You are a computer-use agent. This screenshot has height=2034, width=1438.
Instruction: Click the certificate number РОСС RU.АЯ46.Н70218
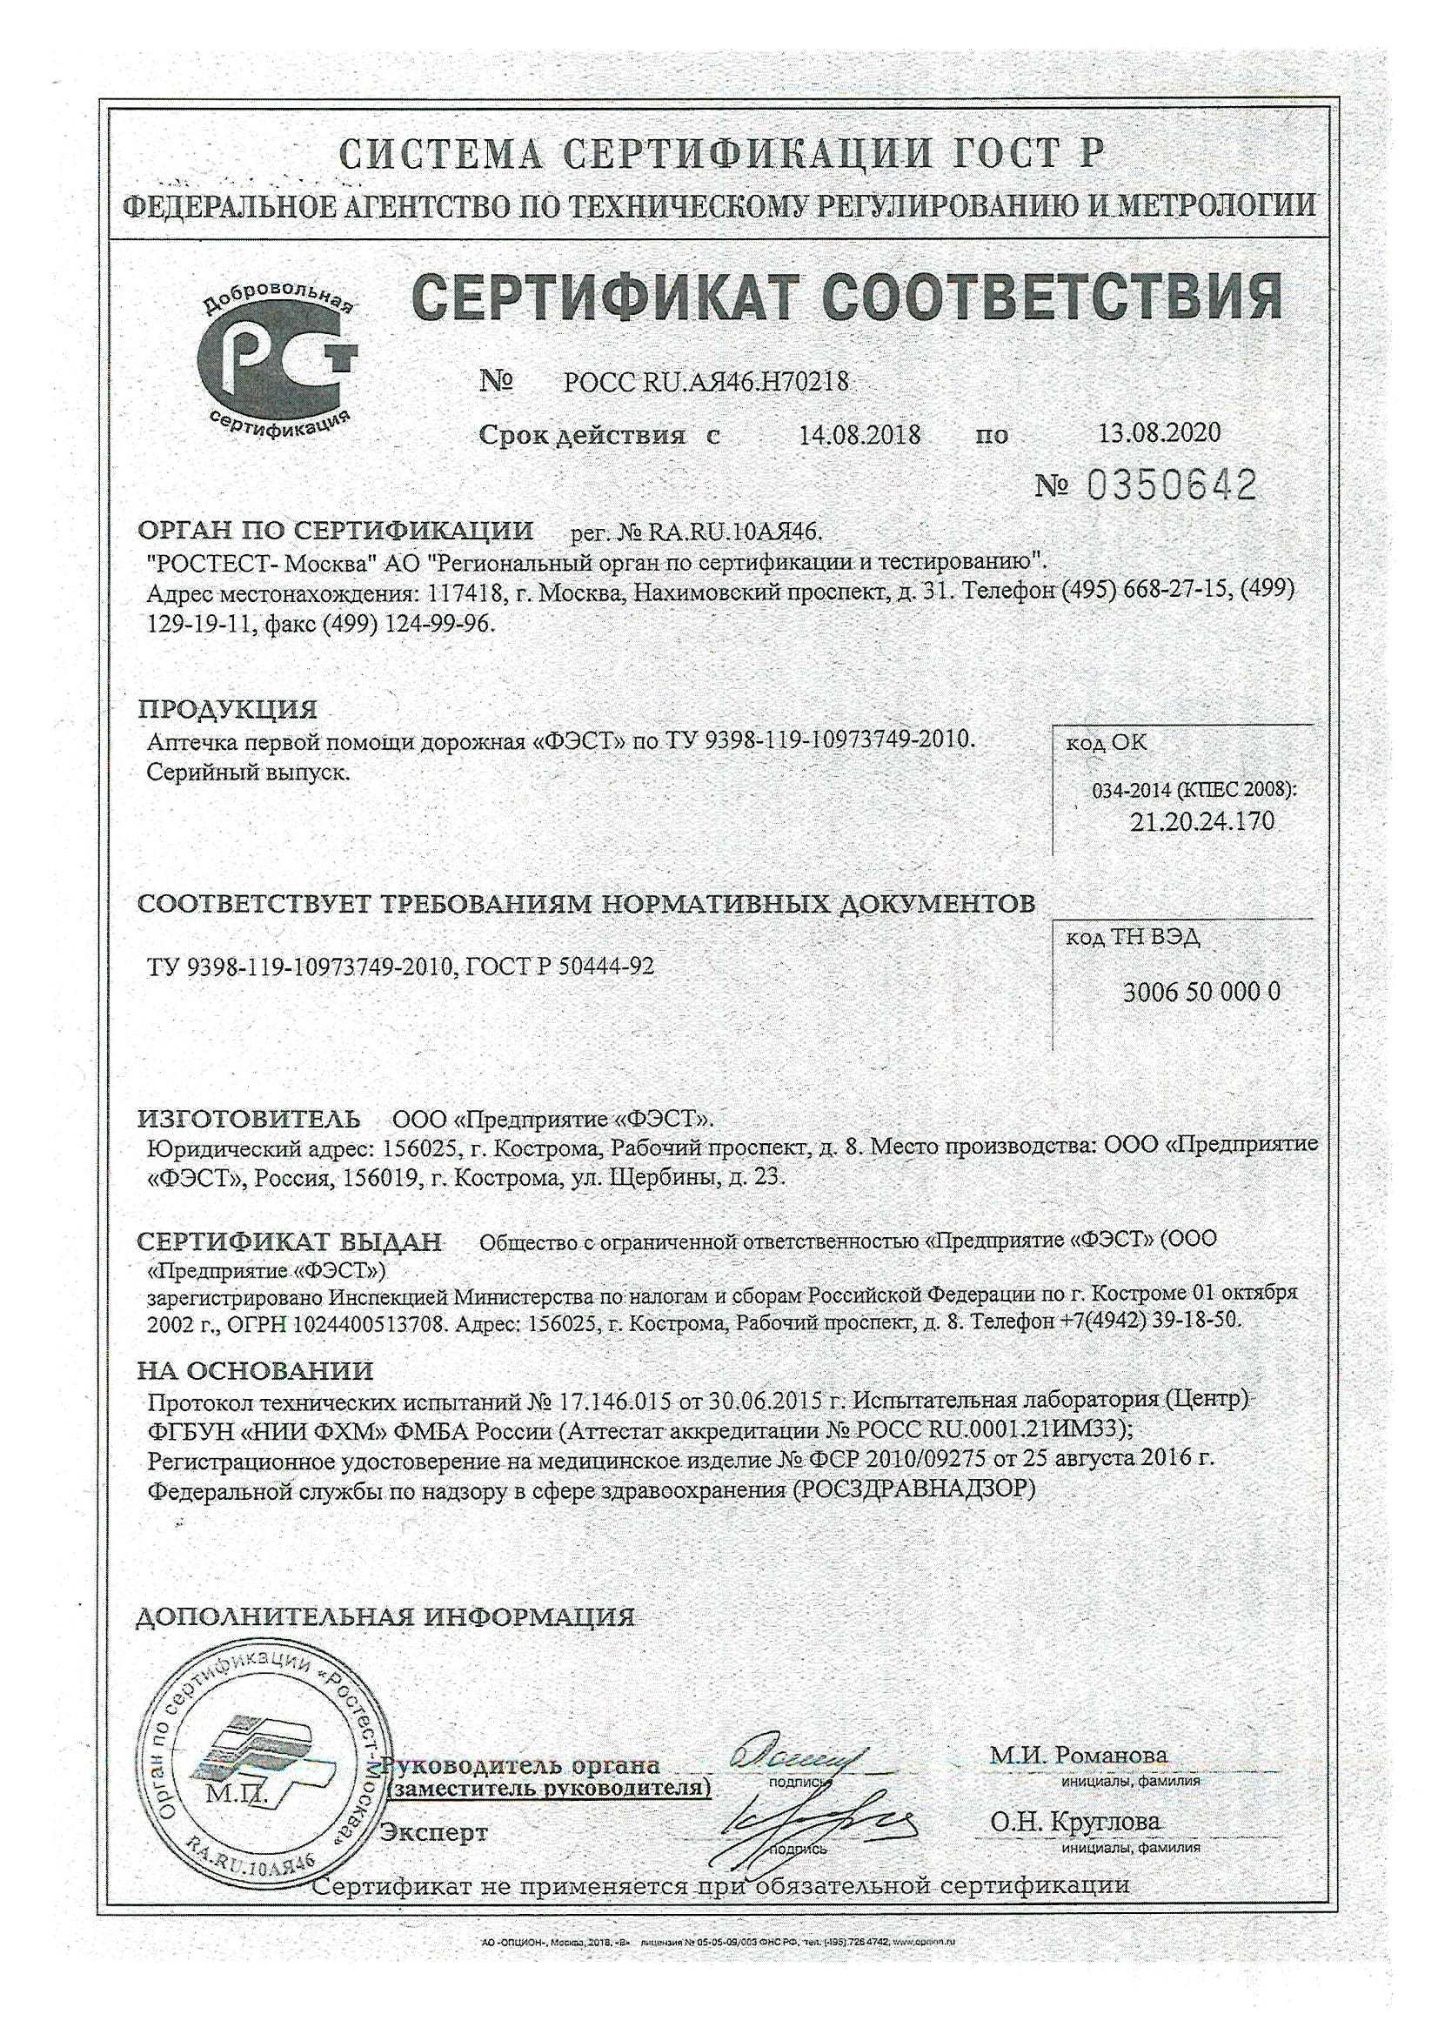point(706,382)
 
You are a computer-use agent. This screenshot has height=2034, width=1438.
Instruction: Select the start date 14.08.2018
point(859,435)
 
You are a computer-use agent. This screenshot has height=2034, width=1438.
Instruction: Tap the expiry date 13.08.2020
point(1159,432)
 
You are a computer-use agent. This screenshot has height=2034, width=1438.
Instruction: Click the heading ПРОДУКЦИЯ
point(227,710)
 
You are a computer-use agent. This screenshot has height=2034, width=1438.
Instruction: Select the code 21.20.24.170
point(1201,821)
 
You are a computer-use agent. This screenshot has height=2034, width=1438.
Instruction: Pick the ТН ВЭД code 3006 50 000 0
point(1201,992)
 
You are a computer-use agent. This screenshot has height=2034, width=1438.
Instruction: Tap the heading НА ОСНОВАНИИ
point(255,1371)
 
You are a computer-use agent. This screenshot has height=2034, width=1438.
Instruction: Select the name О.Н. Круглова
point(1074,1823)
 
